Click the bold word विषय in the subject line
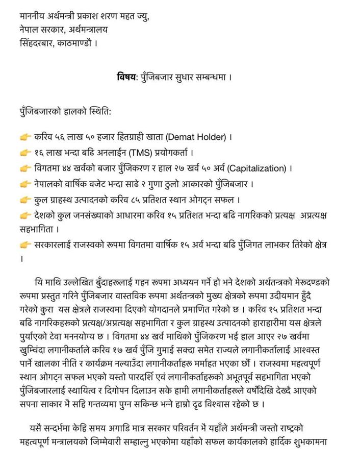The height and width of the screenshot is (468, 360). pyautogui.click(x=126, y=78)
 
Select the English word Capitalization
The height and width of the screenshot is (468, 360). pyautogui.click(x=257, y=168)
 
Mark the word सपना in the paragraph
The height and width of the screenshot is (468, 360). pyautogui.click(x=31, y=404)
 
